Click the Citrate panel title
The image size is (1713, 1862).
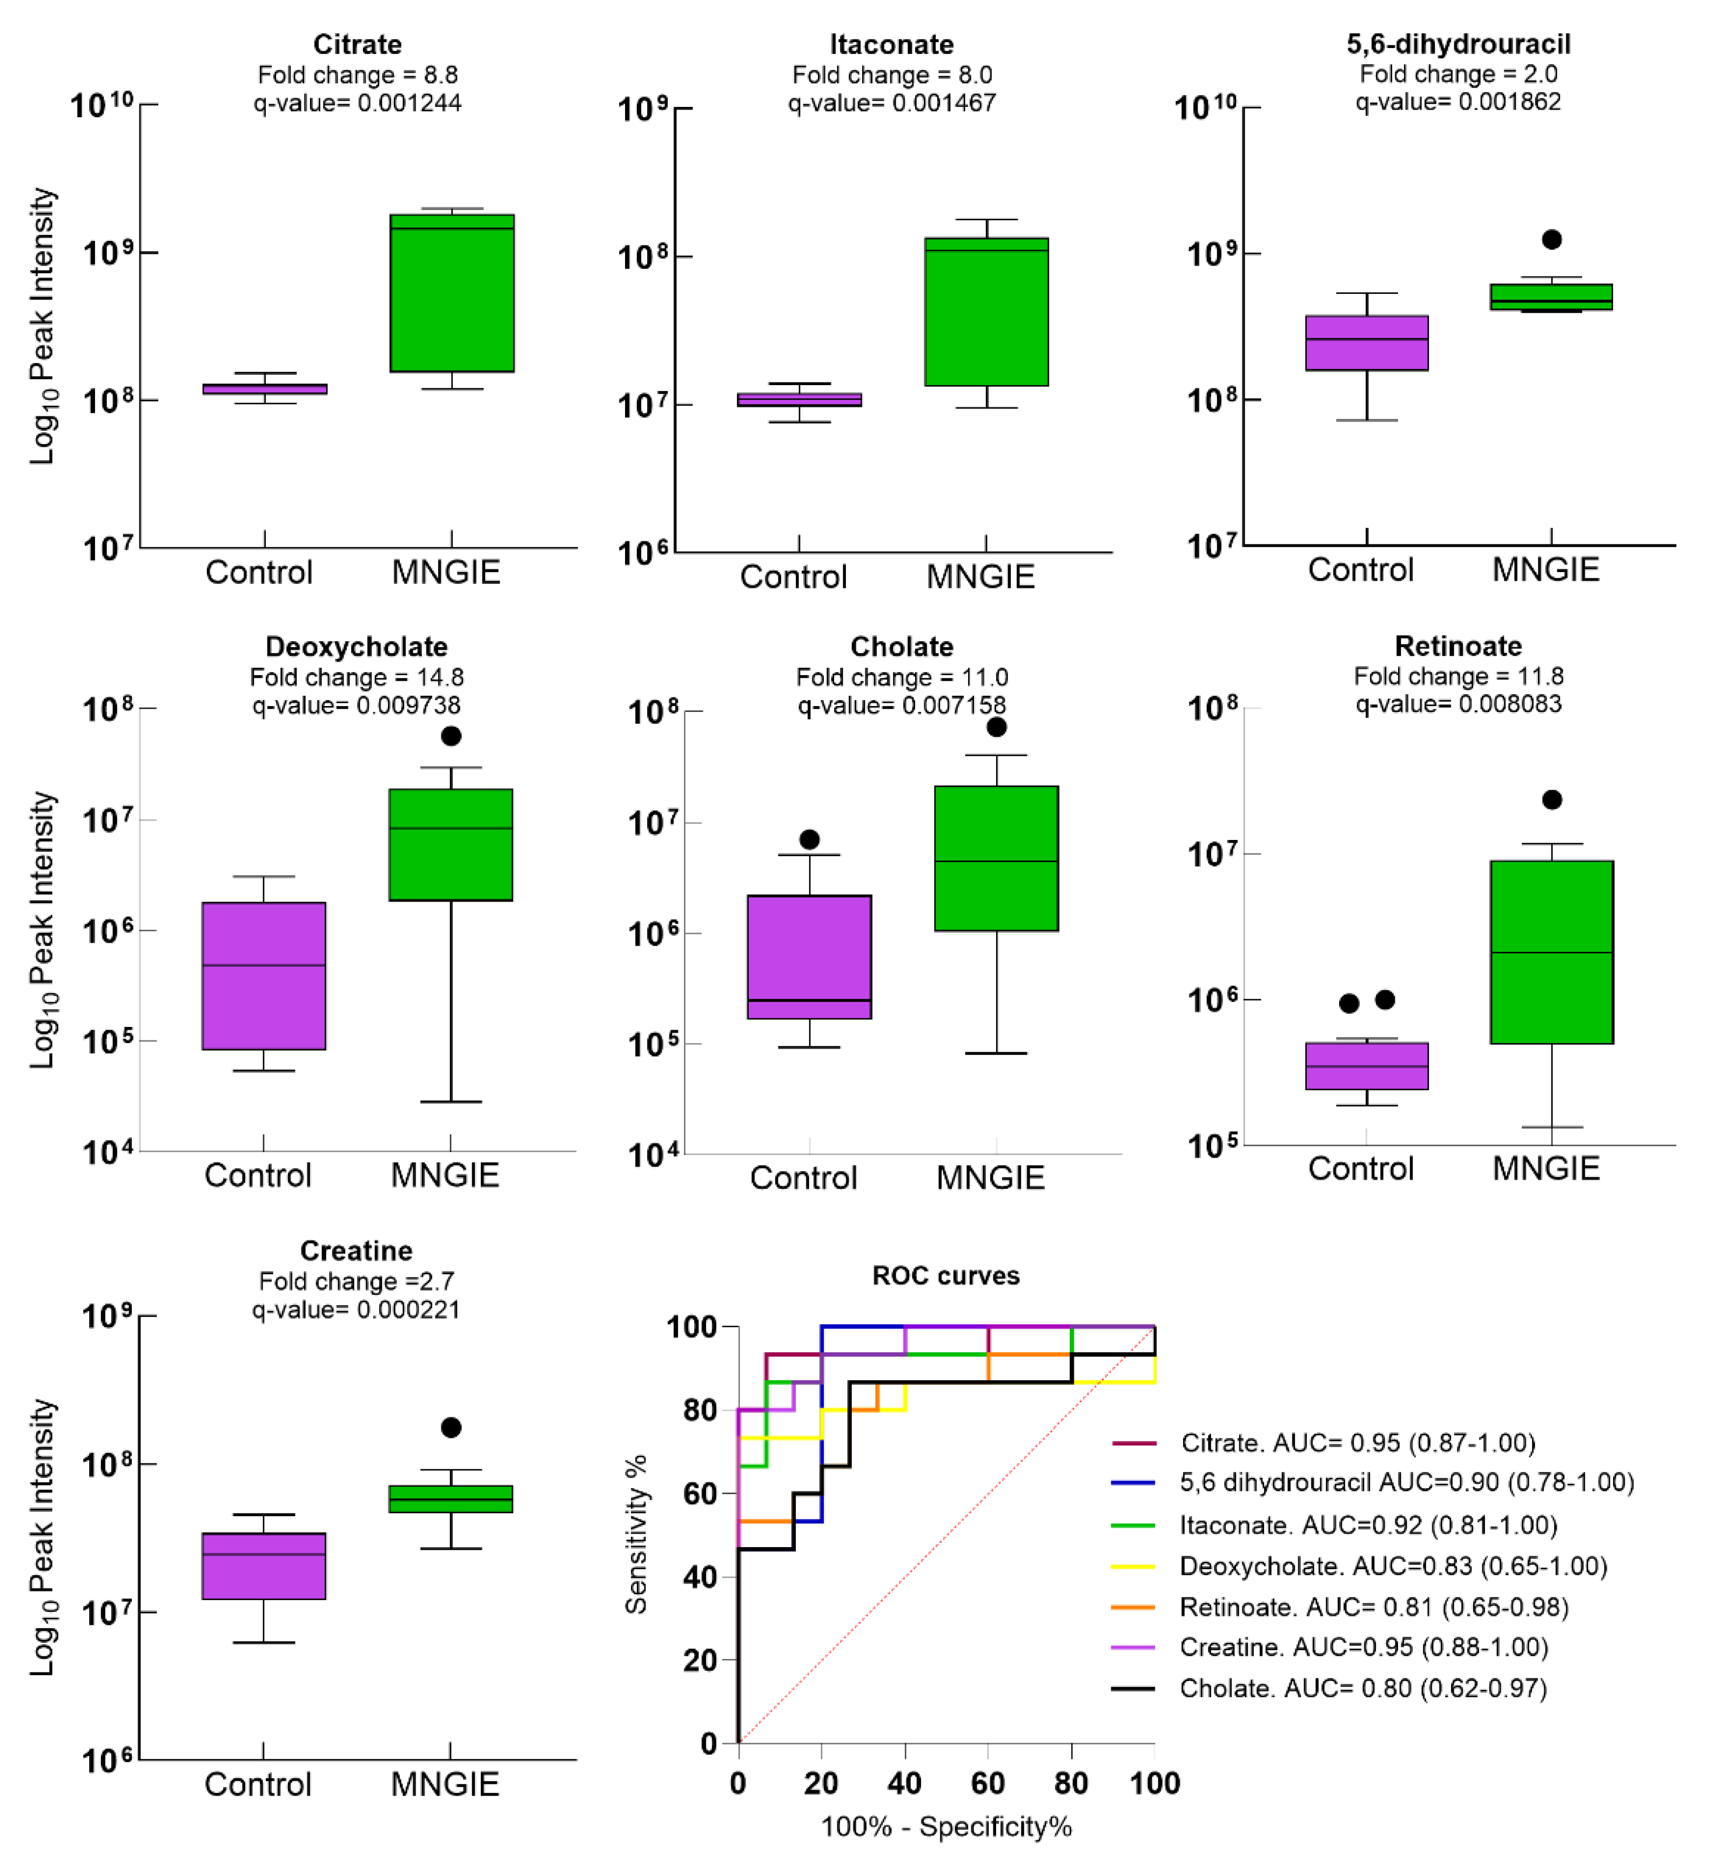tap(357, 44)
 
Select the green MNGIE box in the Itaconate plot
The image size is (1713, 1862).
tap(986, 312)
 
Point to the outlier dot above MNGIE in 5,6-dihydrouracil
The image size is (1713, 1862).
tap(1551, 240)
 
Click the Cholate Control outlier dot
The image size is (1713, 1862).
tap(809, 839)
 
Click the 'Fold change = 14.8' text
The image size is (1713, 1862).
tap(357, 677)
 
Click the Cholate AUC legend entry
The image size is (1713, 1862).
tap(1362, 1689)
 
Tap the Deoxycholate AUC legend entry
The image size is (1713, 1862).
tap(1392, 1567)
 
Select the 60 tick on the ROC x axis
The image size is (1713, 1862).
tap(988, 1783)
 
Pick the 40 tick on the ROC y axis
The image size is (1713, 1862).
tap(700, 1577)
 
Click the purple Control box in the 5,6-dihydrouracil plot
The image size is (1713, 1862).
tap(1366, 343)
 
